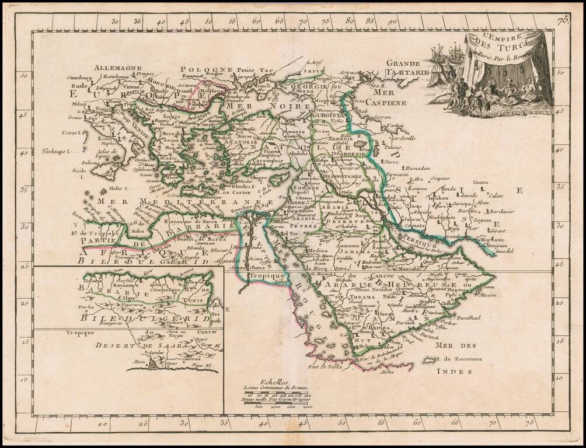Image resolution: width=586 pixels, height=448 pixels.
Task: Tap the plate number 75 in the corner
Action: click(563, 22)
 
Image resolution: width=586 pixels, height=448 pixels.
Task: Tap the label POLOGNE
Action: click(198, 69)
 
